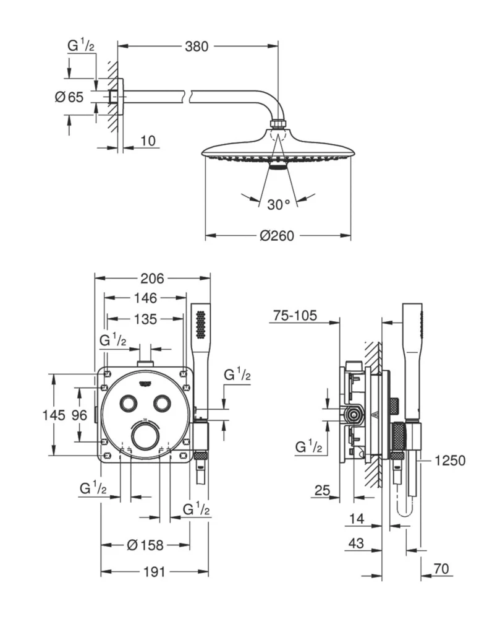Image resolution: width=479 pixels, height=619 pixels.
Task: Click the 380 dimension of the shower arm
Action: coord(197,46)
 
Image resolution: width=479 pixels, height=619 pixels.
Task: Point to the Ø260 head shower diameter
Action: coord(277,235)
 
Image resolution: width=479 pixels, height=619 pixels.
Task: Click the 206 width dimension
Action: coord(151,278)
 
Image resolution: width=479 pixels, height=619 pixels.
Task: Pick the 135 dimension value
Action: coord(145,319)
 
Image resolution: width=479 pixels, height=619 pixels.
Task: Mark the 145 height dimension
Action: coord(53,415)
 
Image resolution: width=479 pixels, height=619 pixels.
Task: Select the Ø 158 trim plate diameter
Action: coord(145,545)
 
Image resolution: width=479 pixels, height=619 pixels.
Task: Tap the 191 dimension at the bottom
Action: coord(153,572)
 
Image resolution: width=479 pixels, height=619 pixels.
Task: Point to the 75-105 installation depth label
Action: coord(294,316)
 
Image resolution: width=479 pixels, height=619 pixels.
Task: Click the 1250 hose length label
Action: coord(449,461)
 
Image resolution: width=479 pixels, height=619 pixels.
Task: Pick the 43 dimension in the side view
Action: coord(355,544)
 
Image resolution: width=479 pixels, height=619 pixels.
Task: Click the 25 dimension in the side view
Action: coord(321,491)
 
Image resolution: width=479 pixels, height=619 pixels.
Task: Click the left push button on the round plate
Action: coord(128,403)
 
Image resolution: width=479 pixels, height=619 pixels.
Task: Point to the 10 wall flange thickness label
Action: coord(147,141)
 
